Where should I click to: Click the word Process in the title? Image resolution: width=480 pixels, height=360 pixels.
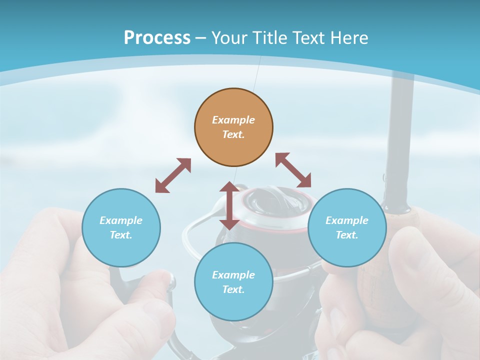coord(157,38)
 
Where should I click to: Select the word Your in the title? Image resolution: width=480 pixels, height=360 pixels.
coord(230,38)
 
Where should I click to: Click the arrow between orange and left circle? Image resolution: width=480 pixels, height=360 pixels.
coord(173,175)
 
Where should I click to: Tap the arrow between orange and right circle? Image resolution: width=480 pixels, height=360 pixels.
coord(293,170)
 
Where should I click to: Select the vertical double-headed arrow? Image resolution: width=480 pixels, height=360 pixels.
coord(229,205)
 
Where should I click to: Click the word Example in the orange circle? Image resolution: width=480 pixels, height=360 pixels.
coord(233,120)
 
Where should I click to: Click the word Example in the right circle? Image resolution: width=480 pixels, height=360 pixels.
coord(347,220)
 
